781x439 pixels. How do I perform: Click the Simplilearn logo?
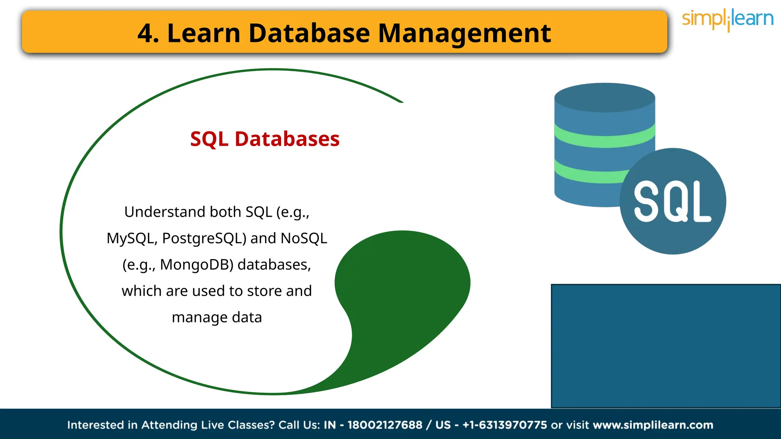point(727,19)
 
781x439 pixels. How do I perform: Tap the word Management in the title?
point(464,33)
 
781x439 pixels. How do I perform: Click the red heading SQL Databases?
point(265,139)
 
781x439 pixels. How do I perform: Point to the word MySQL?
point(130,239)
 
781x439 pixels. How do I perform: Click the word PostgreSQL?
point(204,239)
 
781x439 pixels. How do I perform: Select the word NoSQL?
point(304,239)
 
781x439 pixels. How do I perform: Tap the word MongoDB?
point(196,265)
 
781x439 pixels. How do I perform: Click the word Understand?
point(164,212)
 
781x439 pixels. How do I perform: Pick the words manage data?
point(217,317)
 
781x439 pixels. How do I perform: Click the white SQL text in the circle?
point(672,202)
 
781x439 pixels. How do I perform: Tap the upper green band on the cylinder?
point(604,137)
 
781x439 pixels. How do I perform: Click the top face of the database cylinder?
point(604,98)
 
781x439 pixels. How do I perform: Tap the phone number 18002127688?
point(385,425)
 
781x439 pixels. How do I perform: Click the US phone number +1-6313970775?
point(505,425)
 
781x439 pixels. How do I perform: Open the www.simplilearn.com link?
point(653,425)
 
